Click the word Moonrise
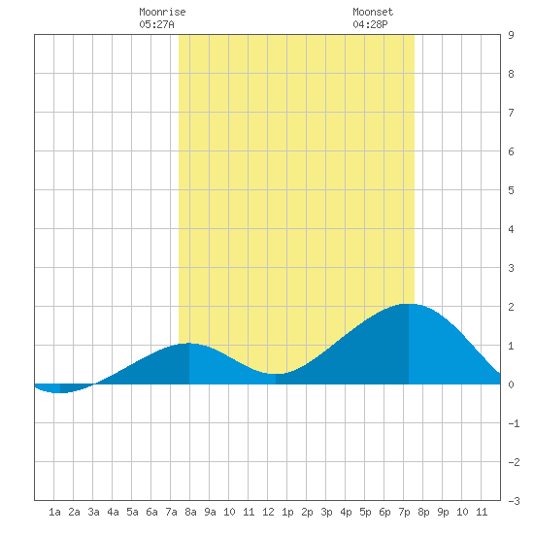[162, 12]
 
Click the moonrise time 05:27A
[156, 24]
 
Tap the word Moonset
[373, 12]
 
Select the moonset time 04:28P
[370, 24]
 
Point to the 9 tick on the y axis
[511, 35]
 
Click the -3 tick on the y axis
[514, 501]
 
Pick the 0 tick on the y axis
[511, 384]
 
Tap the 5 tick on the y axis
[511, 190]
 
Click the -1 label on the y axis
[514, 423]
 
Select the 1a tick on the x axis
[54, 512]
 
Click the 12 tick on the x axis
[268, 512]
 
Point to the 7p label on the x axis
[404, 512]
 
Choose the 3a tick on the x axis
[93, 512]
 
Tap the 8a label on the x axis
[190, 512]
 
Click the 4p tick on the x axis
[346, 512]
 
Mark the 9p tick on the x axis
[443, 512]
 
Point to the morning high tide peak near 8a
[189, 344]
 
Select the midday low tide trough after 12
[276, 374]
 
